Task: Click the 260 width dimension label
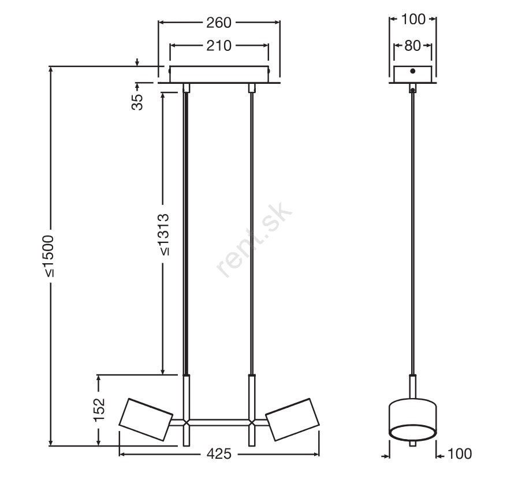(219, 23)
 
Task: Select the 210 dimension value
(219, 46)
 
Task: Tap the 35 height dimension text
(137, 102)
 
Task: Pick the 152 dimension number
(99, 410)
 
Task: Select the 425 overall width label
(219, 454)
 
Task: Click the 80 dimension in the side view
(412, 46)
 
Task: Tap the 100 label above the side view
(413, 20)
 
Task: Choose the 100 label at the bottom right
(459, 454)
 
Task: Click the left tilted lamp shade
(146, 419)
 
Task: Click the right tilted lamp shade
(292, 419)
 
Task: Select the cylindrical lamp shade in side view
(412, 420)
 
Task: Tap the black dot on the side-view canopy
(412, 71)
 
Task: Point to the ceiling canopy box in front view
(219, 74)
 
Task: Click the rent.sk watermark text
(255, 240)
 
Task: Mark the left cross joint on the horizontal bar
(186, 422)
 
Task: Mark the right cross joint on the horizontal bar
(252, 422)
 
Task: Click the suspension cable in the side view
(412, 234)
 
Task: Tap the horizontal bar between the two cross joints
(219, 422)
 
